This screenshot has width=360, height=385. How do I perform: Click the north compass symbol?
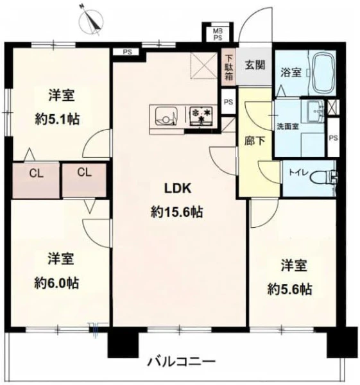point(92,21)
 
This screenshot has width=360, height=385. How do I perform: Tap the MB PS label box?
point(218,33)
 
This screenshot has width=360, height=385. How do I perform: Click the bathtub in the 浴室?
point(324,73)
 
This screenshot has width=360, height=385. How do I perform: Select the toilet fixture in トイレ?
point(323,177)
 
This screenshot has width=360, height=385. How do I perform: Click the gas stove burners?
point(201,115)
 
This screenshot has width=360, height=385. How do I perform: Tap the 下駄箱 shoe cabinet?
point(228,67)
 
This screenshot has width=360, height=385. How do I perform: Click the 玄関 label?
point(255,65)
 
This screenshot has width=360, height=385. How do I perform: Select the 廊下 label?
point(255,141)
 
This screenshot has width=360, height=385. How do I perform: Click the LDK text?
point(177,188)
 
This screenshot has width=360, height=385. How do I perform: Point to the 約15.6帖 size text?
point(177,212)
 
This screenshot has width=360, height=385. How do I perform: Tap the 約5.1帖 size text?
point(57,119)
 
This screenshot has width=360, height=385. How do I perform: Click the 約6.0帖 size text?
point(56,283)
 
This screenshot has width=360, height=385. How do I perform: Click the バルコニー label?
point(181,361)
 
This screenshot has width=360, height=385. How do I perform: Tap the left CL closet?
point(36,180)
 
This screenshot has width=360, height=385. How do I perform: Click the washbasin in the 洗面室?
point(316,112)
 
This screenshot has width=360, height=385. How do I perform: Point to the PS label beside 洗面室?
point(333,138)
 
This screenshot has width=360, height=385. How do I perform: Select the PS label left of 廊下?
point(228,102)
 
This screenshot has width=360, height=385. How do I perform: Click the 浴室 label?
point(291,73)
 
